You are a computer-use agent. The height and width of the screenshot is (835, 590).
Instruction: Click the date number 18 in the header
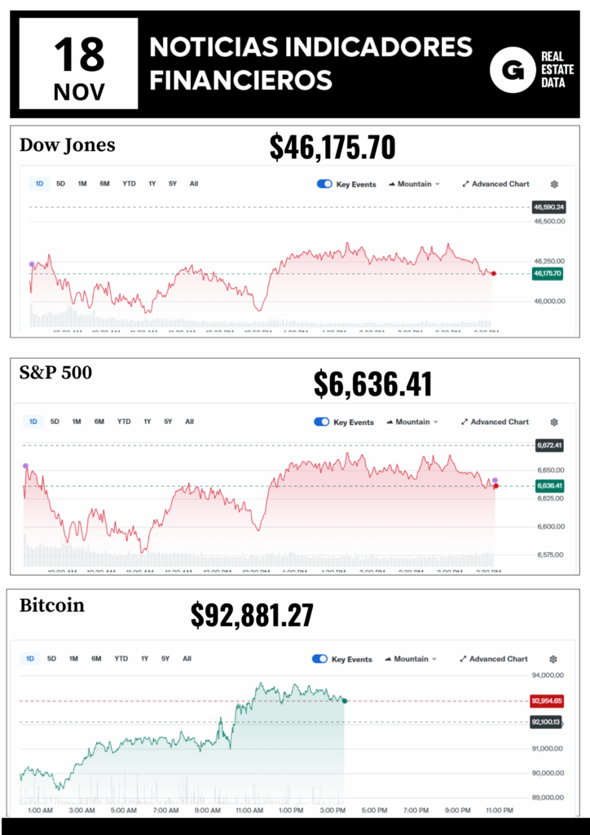(80, 53)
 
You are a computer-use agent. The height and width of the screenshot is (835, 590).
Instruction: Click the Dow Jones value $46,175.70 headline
(332, 148)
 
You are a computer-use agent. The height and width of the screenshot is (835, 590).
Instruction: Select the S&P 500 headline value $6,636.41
(372, 384)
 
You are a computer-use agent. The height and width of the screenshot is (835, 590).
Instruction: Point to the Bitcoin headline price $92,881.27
(252, 616)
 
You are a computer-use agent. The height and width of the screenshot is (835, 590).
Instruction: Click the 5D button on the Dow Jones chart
(61, 183)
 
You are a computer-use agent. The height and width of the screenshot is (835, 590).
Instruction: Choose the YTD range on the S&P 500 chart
(123, 422)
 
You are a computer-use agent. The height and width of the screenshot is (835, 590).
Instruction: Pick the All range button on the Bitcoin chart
(187, 658)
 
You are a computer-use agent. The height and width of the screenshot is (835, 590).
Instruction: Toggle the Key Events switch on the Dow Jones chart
(324, 183)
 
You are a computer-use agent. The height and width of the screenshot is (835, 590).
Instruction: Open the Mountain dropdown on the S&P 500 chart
(412, 422)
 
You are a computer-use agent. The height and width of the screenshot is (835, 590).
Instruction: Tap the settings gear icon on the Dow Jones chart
(555, 184)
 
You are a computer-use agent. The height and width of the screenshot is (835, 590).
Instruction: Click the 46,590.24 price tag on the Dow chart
(549, 207)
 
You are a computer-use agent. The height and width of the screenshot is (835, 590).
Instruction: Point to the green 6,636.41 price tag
(549, 486)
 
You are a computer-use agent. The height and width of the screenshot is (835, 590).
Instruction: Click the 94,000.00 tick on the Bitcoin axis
(548, 675)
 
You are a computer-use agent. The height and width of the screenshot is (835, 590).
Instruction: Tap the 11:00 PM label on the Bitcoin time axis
(499, 810)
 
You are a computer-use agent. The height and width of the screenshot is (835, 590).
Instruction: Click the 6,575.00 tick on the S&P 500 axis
(552, 554)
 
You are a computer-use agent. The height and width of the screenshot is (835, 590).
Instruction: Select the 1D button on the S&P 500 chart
(33, 422)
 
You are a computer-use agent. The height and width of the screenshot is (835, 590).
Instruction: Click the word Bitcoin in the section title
(51, 606)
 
